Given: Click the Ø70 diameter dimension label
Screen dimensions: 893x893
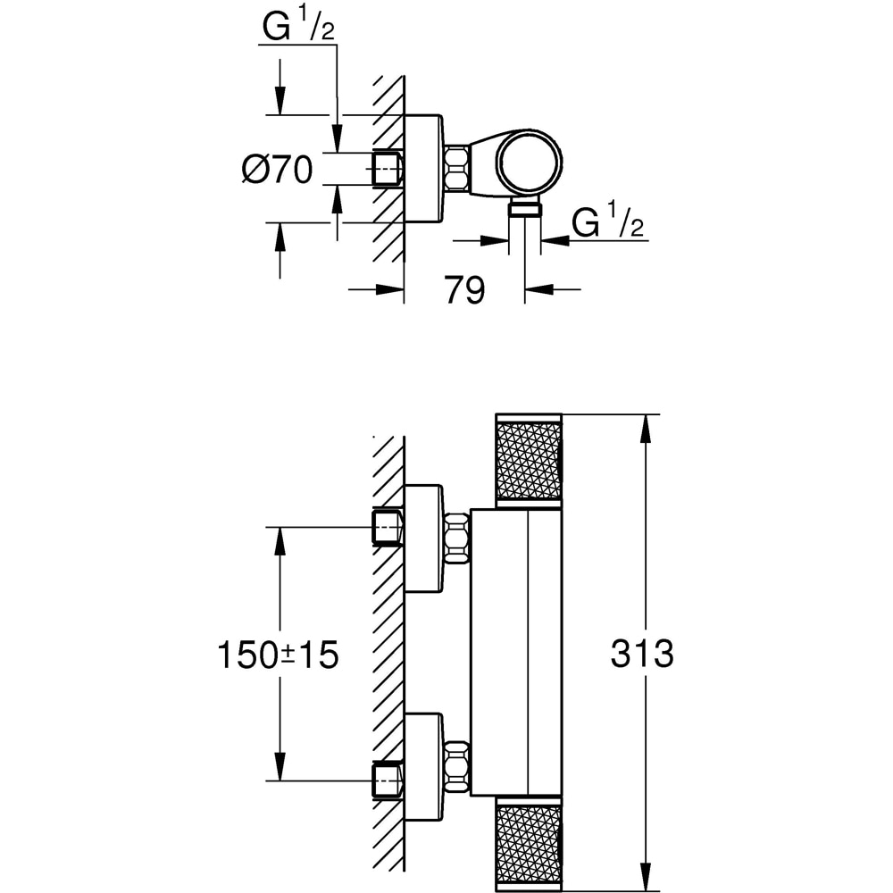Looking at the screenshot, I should click(277, 169).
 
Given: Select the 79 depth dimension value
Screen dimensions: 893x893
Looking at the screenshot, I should click(463, 289).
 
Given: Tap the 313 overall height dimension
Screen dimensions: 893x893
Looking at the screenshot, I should click(642, 654).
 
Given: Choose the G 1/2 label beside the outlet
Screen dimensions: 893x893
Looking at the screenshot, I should click(607, 222).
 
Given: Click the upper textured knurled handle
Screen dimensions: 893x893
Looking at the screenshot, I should click(528, 460).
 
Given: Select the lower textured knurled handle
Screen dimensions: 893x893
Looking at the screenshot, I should click(528, 842).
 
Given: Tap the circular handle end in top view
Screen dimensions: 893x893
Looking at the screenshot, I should click(529, 162).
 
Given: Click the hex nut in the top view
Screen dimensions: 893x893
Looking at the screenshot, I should click(457, 168).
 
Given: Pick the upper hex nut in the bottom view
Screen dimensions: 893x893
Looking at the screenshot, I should click(456, 538).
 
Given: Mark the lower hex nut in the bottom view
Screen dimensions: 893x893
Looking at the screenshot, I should click(456, 766).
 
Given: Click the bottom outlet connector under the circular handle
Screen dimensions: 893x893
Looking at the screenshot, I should click(525, 209).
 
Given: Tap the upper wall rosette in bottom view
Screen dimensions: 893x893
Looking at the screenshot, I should click(423, 538).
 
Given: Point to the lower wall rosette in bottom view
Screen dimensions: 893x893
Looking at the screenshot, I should click(423, 766).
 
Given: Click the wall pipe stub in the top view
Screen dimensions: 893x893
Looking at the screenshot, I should click(388, 168).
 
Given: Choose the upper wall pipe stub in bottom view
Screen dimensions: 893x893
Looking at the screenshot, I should click(388, 527).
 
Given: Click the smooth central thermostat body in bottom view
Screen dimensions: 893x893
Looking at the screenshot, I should click(516, 652).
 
